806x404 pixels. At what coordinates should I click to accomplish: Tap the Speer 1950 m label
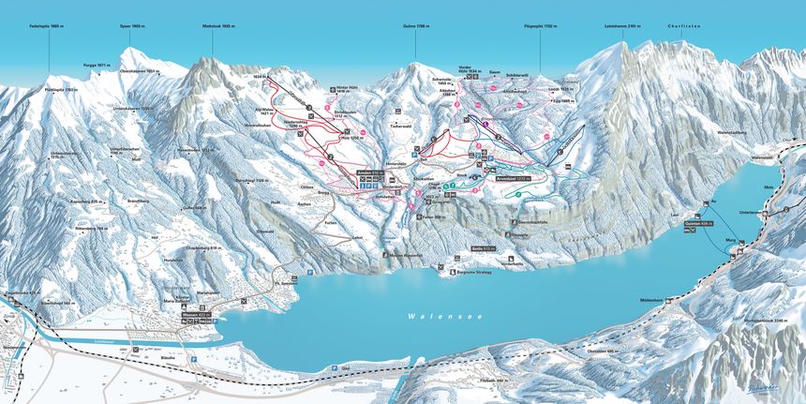(133, 27)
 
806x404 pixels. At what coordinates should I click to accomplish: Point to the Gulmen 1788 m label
(415, 27)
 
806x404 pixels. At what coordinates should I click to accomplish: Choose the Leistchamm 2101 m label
(621, 27)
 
